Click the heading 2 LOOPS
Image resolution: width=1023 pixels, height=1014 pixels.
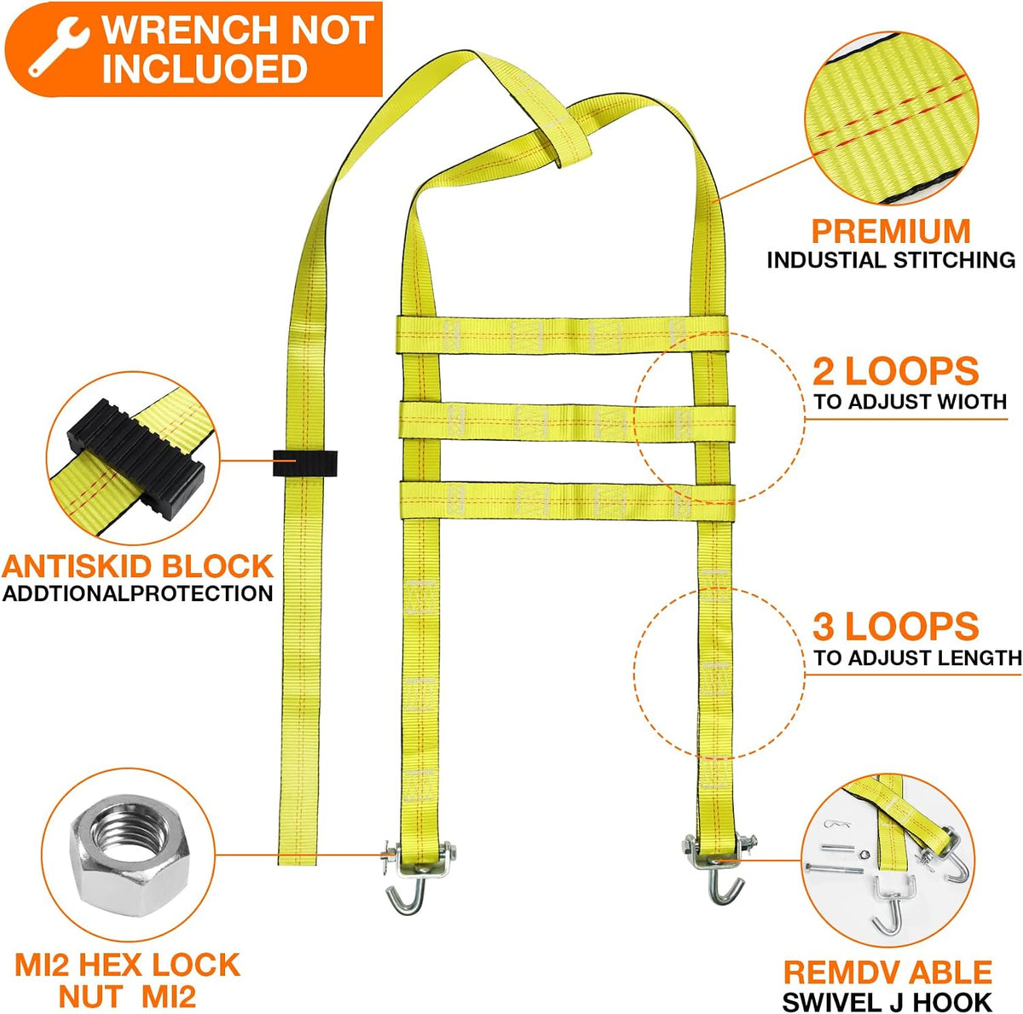click(x=896, y=371)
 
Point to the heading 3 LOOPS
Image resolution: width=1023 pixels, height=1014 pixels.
click(x=896, y=627)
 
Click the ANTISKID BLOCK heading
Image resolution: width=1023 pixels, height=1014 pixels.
click(x=137, y=566)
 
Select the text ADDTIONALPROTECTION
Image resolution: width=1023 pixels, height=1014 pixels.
click(x=137, y=594)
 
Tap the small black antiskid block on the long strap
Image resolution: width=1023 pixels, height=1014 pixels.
click(x=305, y=462)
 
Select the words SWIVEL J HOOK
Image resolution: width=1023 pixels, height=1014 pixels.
click(x=887, y=1001)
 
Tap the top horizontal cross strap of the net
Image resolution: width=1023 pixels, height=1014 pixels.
click(x=563, y=334)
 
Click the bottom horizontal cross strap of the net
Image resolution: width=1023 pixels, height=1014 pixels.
click(x=567, y=501)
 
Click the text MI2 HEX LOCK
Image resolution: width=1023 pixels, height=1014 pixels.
click(x=127, y=965)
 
